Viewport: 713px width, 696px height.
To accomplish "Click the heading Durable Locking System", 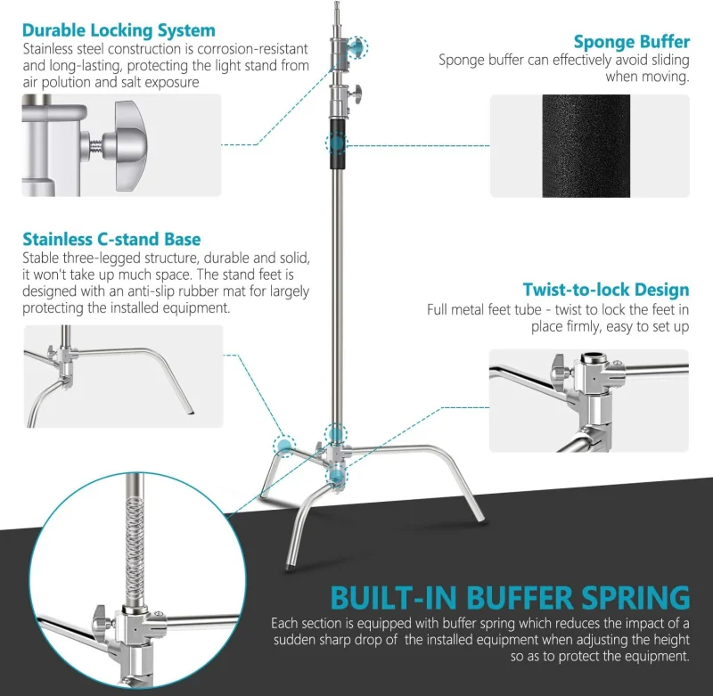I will click(x=119, y=30).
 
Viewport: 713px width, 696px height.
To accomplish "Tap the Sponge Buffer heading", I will click(x=631, y=41).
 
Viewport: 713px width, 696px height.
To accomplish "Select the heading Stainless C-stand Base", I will click(x=111, y=239).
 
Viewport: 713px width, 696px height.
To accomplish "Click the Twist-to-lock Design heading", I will click(x=605, y=290).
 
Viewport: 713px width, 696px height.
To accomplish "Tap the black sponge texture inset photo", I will click(x=589, y=145).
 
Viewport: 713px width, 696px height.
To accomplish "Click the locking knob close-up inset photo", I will click(x=121, y=145).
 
